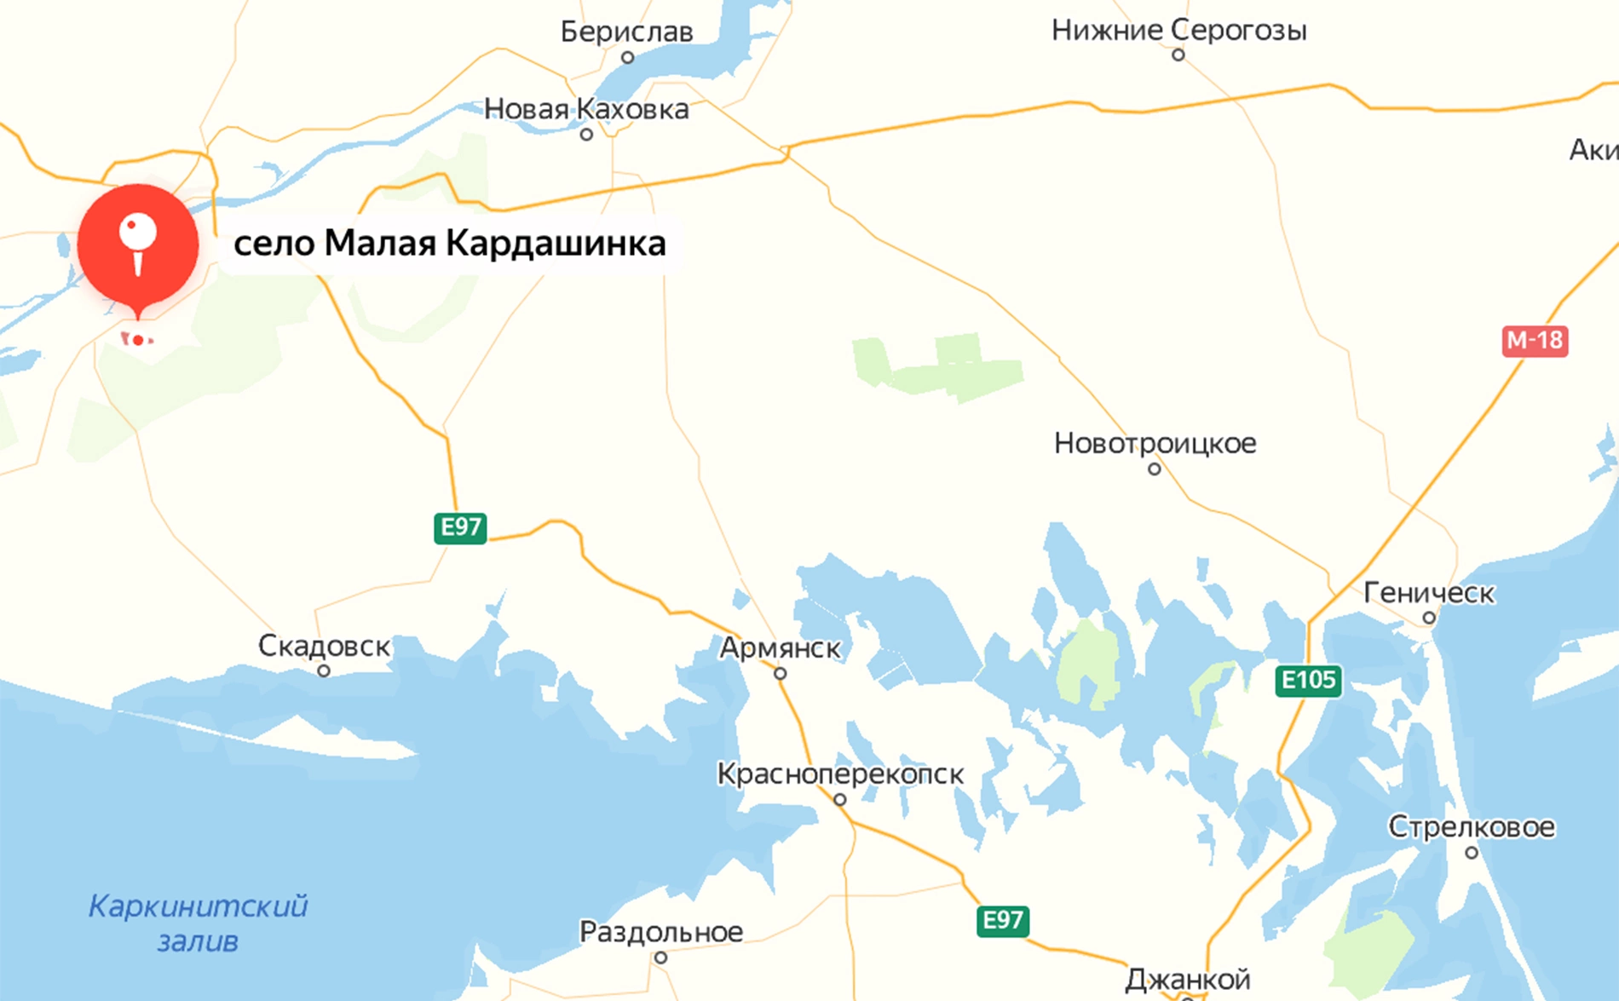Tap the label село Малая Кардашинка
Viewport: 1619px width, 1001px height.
click(x=449, y=244)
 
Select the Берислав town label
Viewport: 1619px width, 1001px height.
click(x=626, y=32)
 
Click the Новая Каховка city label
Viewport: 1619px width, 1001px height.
click(x=586, y=109)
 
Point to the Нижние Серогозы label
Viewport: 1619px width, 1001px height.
click(x=1178, y=31)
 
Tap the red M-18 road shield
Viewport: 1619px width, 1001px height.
click(x=1534, y=341)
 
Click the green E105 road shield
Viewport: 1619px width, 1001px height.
click(x=1308, y=681)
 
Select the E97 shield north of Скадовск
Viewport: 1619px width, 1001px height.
click(x=460, y=527)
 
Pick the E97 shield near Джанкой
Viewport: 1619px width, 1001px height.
click(x=1002, y=920)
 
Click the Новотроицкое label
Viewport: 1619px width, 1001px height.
click(x=1155, y=443)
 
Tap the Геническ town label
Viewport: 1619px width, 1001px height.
click(x=1429, y=593)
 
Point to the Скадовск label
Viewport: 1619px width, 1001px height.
click(x=324, y=646)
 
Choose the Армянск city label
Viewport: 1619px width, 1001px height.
click(x=781, y=648)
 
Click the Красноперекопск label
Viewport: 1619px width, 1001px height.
click(x=840, y=774)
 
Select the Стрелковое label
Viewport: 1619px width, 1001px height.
click(x=1472, y=826)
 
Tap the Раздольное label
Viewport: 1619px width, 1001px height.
click(x=661, y=932)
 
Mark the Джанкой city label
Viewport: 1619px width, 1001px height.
click(x=1188, y=980)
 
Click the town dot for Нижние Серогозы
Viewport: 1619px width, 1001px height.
click(x=1178, y=55)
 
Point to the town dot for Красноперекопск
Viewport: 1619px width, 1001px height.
click(x=840, y=800)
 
